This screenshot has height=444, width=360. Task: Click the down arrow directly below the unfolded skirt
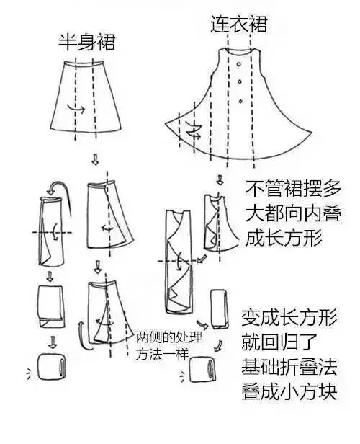pyautogui.click(x=95, y=159)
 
